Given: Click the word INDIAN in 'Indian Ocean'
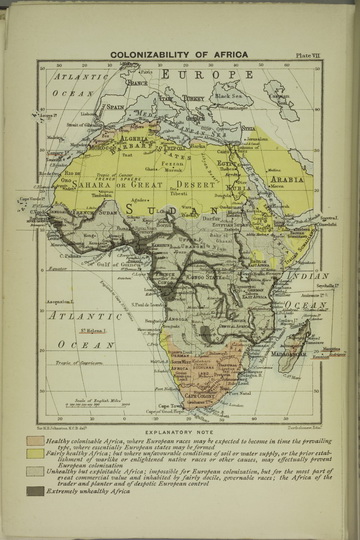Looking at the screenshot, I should [301, 274].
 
